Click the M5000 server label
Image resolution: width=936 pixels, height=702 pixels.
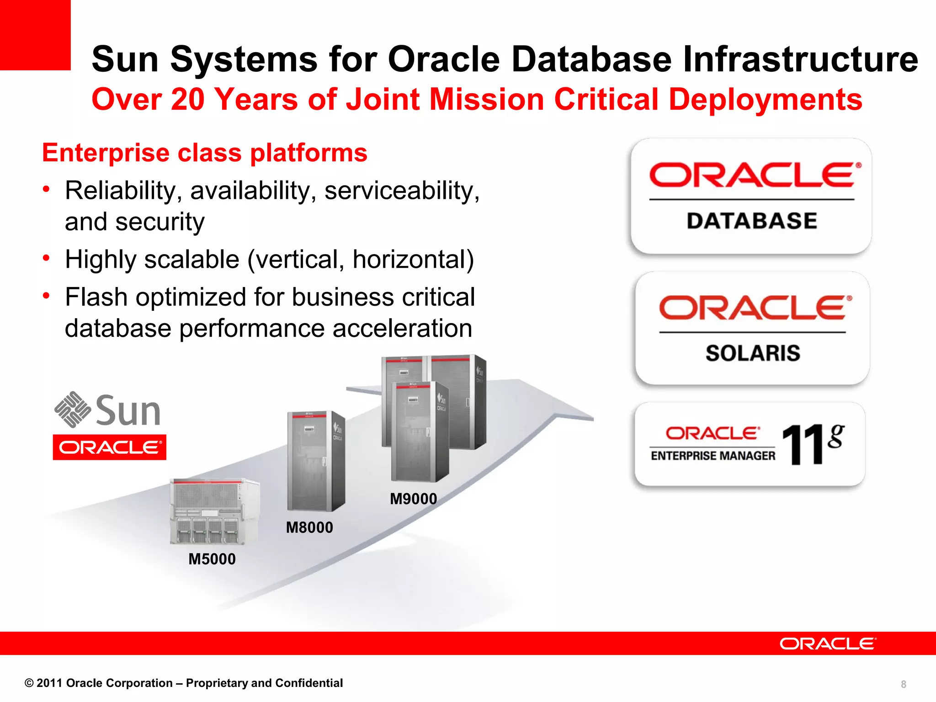[212, 559]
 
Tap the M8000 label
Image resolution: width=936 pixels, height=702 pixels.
[309, 527]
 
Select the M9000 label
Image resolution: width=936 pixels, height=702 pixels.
[413, 499]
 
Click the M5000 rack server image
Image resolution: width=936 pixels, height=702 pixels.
[214, 511]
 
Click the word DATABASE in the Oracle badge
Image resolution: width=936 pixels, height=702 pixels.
[752, 221]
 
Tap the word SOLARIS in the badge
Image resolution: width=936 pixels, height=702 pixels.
[753, 353]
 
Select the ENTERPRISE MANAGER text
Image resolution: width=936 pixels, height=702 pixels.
[713, 456]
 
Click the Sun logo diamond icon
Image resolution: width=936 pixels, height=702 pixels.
[72, 409]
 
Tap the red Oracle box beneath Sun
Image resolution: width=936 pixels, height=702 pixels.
[110, 447]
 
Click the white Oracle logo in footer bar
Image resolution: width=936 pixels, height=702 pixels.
[828, 643]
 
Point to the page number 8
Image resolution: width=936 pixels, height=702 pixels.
[903, 684]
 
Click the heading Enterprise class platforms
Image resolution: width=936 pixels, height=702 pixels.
[205, 153]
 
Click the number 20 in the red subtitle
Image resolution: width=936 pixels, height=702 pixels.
[187, 99]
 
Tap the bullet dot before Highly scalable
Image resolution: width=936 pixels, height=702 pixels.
[46, 258]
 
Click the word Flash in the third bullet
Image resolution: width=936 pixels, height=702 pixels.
[96, 297]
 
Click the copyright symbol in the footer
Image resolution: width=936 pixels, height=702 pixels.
[29, 683]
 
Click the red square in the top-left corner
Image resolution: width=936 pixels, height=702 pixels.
[35, 35]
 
